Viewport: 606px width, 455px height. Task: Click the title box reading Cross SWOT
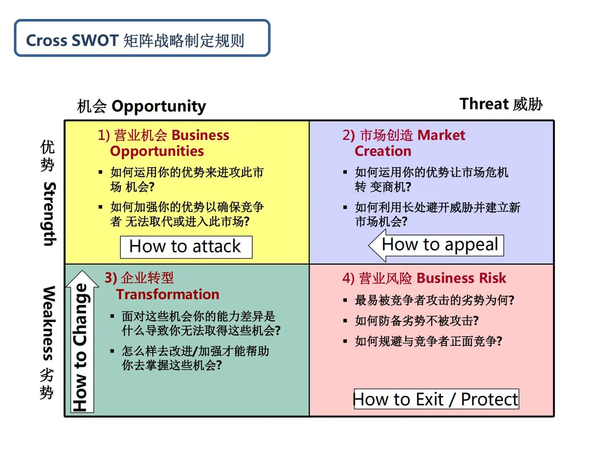click(142, 38)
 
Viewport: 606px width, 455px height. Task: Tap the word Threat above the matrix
click(484, 104)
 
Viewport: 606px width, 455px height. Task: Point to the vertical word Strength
click(50, 214)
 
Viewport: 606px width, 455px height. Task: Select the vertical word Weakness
click(49, 323)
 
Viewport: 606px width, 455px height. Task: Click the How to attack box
click(186, 247)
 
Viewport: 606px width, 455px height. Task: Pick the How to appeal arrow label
click(436, 245)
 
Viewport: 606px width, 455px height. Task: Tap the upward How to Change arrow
click(82, 341)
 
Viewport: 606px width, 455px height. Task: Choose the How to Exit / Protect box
click(436, 399)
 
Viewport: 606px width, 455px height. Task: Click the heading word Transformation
click(167, 294)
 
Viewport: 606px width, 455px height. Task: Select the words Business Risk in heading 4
click(461, 278)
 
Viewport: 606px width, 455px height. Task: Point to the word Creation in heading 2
click(383, 151)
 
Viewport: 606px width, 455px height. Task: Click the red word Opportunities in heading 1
click(157, 152)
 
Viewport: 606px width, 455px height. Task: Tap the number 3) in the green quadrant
click(111, 278)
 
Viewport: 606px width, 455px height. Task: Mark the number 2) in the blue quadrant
click(348, 135)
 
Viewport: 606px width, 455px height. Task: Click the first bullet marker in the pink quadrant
click(345, 300)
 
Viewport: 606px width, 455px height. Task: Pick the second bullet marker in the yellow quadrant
click(101, 207)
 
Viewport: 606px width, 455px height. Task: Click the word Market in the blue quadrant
click(441, 135)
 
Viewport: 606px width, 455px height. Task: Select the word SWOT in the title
click(95, 40)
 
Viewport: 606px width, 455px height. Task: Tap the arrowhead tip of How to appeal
click(369, 245)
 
